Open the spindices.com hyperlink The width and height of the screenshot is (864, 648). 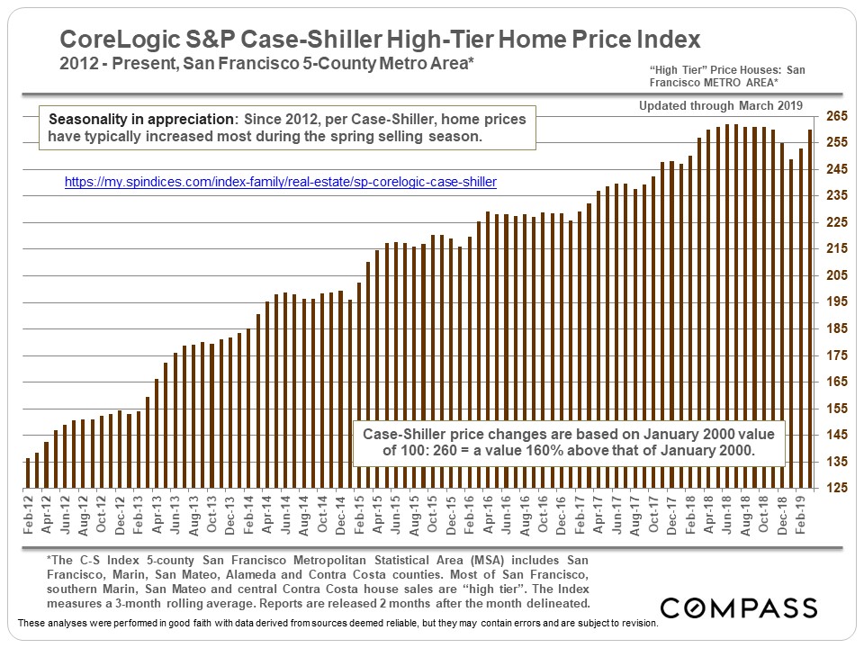pos(281,182)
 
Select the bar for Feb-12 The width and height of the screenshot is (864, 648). pos(28,473)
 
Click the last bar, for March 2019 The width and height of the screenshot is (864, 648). pos(810,309)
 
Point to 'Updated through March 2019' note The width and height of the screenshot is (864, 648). pos(721,105)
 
